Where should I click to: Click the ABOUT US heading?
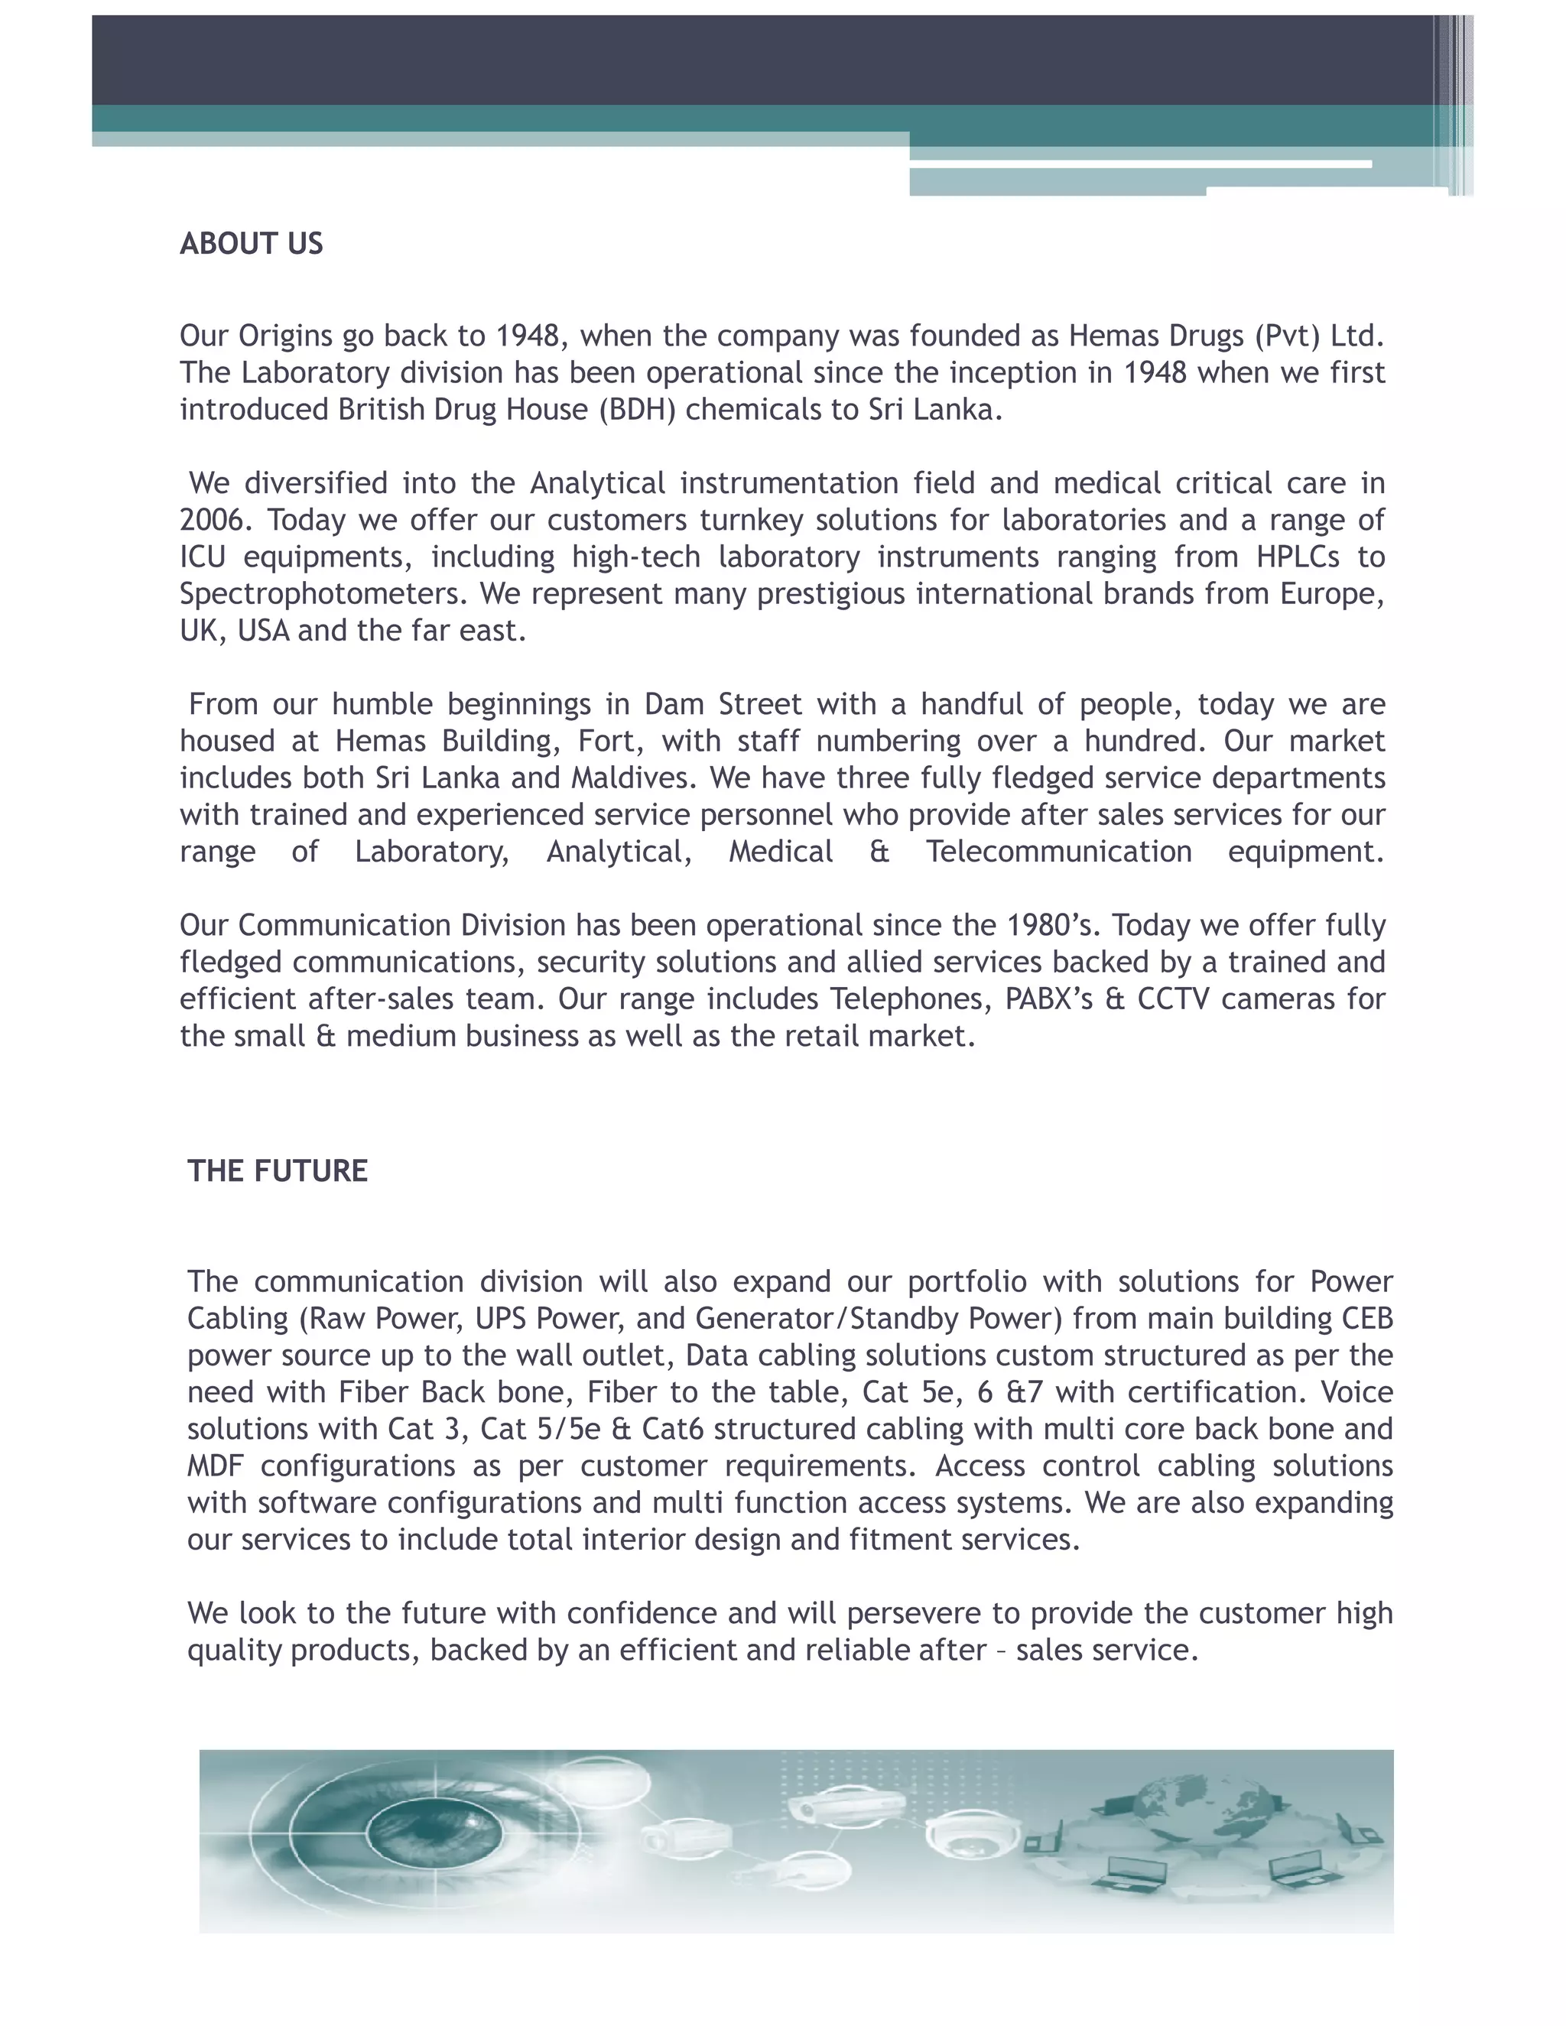tap(252, 244)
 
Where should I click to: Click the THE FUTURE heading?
tap(278, 1170)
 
